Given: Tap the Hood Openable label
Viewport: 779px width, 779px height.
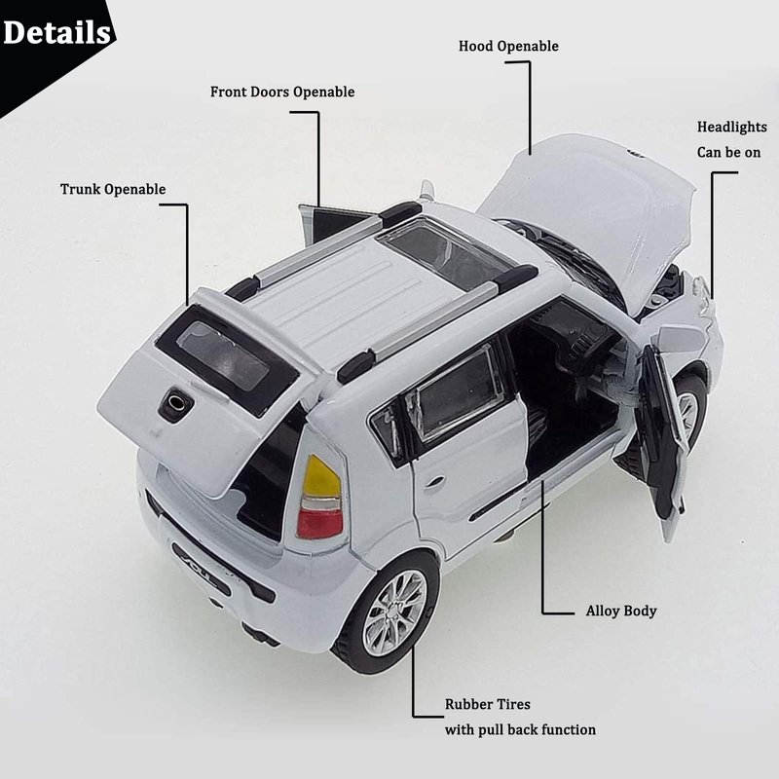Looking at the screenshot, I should (x=508, y=46).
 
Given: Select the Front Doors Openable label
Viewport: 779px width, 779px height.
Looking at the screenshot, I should (x=282, y=93).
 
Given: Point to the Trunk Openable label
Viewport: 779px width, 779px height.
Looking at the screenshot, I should (x=113, y=189).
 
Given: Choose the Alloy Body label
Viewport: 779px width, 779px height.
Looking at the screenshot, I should (x=620, y=612).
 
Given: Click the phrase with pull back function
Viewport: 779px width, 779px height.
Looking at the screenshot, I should (x=520, y=729).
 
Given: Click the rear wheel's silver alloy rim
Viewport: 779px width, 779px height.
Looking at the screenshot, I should (x=394, y=612).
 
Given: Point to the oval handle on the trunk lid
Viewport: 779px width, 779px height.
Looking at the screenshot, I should (x=175, y=402).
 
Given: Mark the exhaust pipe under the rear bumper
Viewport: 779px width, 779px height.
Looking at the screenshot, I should (x=259, y=634).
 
